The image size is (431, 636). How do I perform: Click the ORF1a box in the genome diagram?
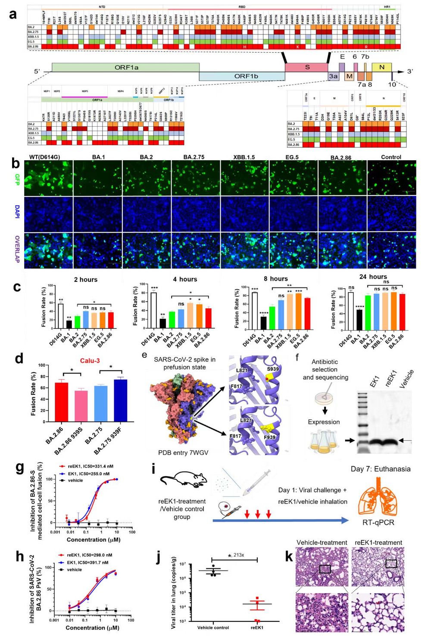tap(125, 68)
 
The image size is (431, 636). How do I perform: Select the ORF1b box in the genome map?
tap(242, 76)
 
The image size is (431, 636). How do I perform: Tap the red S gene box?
tap(306, 67)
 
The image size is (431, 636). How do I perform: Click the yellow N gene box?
tap(381, 67)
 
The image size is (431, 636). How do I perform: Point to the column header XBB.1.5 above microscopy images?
tap(244, 157)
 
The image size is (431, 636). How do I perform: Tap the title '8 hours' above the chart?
tap(276, 279)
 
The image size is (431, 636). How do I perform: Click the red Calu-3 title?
tap(89, 360)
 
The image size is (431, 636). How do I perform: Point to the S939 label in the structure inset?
tap(272, 369)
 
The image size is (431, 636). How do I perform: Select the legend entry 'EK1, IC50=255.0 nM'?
tap(87, 474)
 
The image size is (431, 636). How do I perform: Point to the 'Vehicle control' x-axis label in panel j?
tap(213, 627)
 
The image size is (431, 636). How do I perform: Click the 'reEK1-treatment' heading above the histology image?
tap(378, 542)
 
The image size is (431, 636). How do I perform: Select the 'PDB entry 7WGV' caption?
tap(183, 453)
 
